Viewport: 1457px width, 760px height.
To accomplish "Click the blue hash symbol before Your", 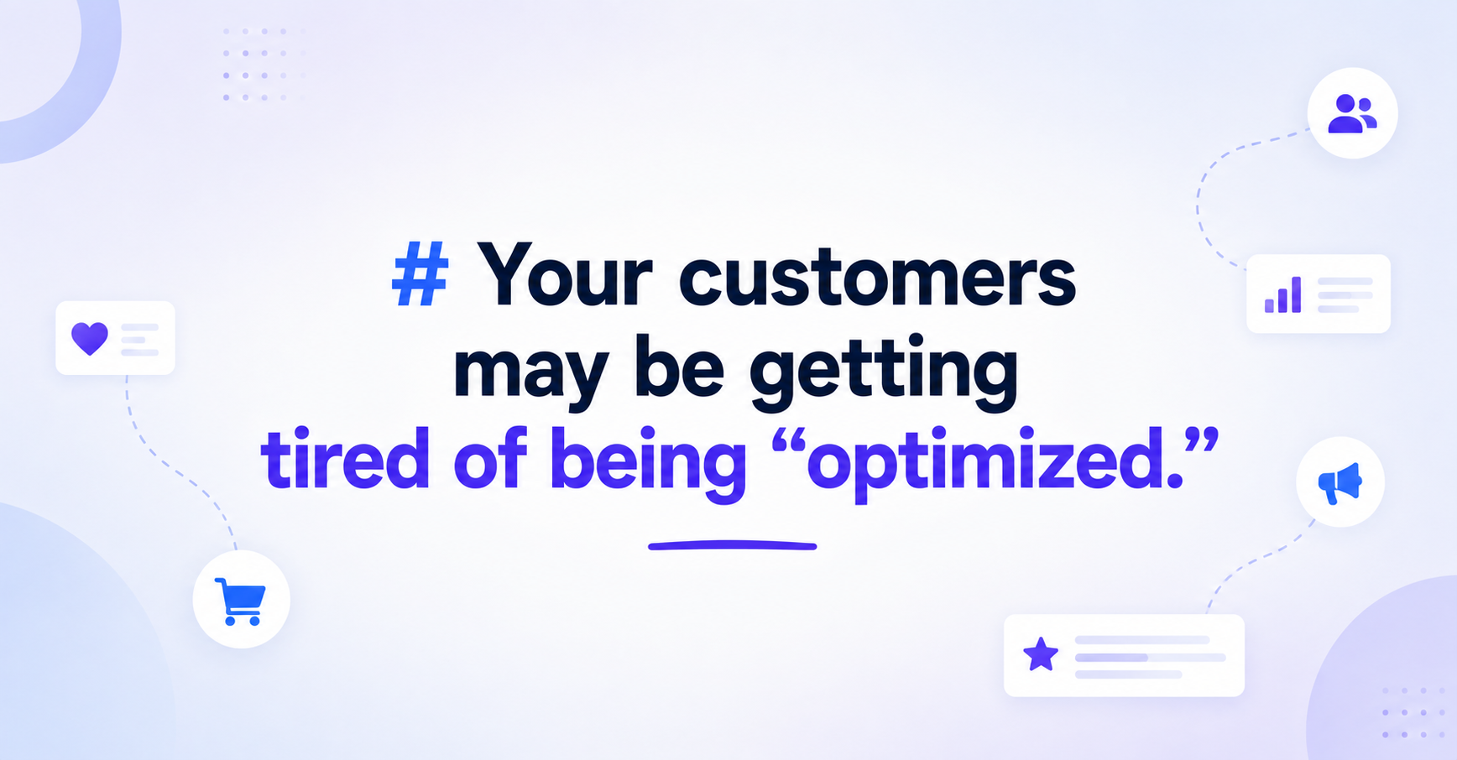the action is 420,273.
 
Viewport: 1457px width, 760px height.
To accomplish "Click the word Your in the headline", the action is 565,274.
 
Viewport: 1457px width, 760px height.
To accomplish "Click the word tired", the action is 346,458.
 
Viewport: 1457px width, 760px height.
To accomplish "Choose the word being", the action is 648,463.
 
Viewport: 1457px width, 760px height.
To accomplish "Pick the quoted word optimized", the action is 995,464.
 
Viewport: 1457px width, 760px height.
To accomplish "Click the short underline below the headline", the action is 732,546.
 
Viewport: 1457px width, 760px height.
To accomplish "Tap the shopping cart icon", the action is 241,601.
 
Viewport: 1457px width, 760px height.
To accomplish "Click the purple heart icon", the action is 90,338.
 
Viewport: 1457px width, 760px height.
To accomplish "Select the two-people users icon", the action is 1352,114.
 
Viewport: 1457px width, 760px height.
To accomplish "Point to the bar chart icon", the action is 1283,295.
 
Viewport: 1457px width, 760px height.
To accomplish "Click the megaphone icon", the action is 1339,482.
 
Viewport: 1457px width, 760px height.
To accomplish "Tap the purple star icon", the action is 1041,654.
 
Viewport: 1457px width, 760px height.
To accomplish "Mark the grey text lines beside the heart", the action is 140,339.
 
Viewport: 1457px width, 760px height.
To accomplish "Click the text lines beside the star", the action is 1151,657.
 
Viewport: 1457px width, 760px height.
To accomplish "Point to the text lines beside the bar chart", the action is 1345,295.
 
